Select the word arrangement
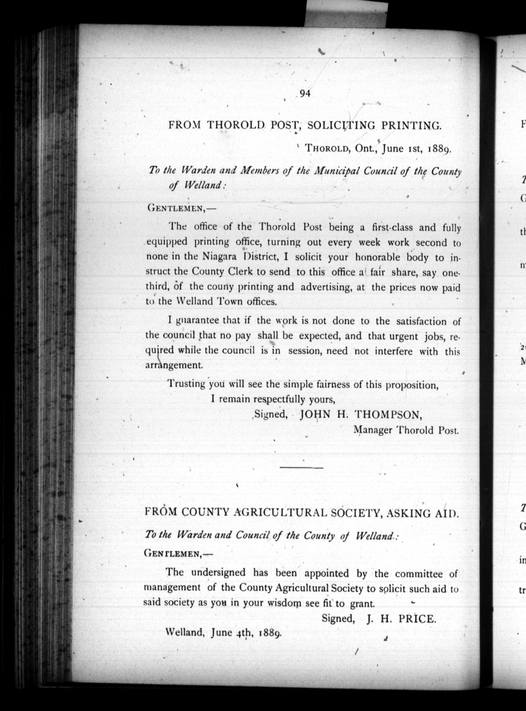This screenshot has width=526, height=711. [174, 365]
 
